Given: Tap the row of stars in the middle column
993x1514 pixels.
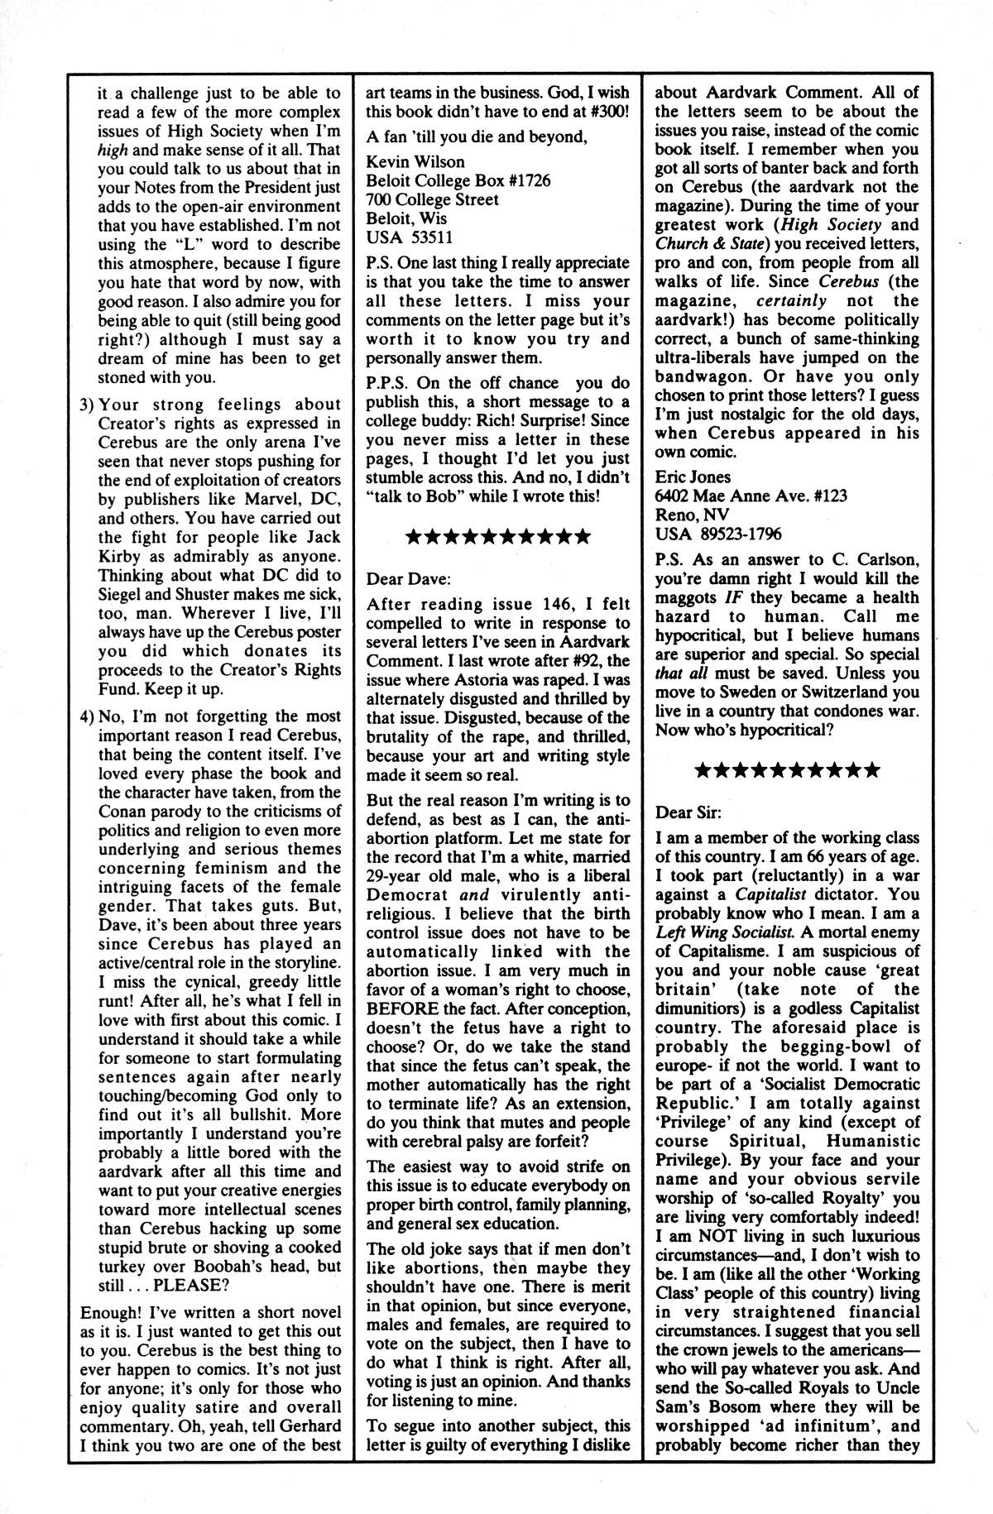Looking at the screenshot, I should pyautogui.click(x=497, y=538).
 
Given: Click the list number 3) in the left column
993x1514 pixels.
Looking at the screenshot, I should pyautogui.click(x=89, y=405).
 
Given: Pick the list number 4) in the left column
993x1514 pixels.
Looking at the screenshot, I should pyautogui.click(x=89, y=716).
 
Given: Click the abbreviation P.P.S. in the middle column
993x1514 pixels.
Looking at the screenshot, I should pyautogui.click(x=388, y=383).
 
